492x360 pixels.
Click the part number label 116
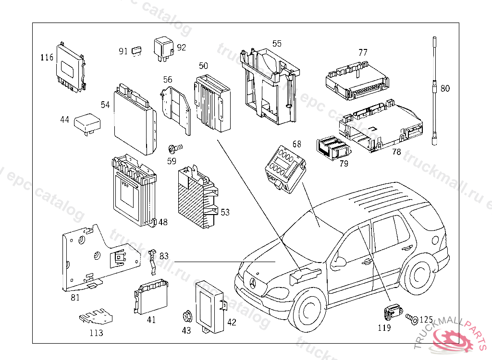point(46,58)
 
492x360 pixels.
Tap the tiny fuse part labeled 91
point(137,50)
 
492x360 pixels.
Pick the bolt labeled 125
point(411,318)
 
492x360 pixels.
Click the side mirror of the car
point(339,262)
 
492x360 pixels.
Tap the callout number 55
point(277,44)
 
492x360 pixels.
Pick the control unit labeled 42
point(209,305)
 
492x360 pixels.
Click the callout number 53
point(225,212)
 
